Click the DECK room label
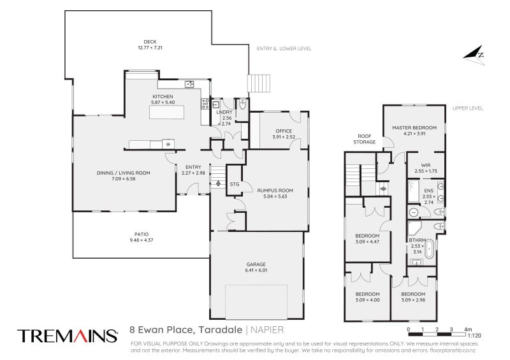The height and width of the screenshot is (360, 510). [x=150, y=41]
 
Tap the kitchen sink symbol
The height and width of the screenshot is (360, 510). [x=189, y=85]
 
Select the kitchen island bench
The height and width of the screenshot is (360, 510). [x=166, y=112]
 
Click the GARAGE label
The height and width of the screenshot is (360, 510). [x=256, y=264]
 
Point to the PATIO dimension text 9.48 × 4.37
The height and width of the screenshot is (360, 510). [x=141, y=240]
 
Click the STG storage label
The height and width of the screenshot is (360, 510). [x=235, y=184]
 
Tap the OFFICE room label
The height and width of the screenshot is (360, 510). [x=284, y=131]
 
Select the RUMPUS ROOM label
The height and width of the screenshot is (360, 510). [x=275, y=191]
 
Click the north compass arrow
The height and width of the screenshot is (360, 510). [x=474, y=55]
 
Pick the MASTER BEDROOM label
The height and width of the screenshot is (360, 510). [x=414, y=127]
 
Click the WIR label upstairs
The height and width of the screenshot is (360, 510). [x=426, y=165]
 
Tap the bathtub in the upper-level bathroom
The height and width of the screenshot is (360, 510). [x=429, y=248]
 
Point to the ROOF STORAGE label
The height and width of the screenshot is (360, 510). [x=364, y=139]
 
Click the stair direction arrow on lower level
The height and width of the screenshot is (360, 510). [x=218, y=183]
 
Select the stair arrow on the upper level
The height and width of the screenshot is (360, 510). [x=384, y=189]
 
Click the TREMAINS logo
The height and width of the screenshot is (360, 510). [x=68, y=336]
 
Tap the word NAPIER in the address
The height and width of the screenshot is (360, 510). [x=267, y=330]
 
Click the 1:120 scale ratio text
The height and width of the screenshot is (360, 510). [x=474, y=335]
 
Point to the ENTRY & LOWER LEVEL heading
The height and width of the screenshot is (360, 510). [x=284, y=48]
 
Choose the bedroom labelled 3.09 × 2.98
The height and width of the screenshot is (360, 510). [x=413, y=297]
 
